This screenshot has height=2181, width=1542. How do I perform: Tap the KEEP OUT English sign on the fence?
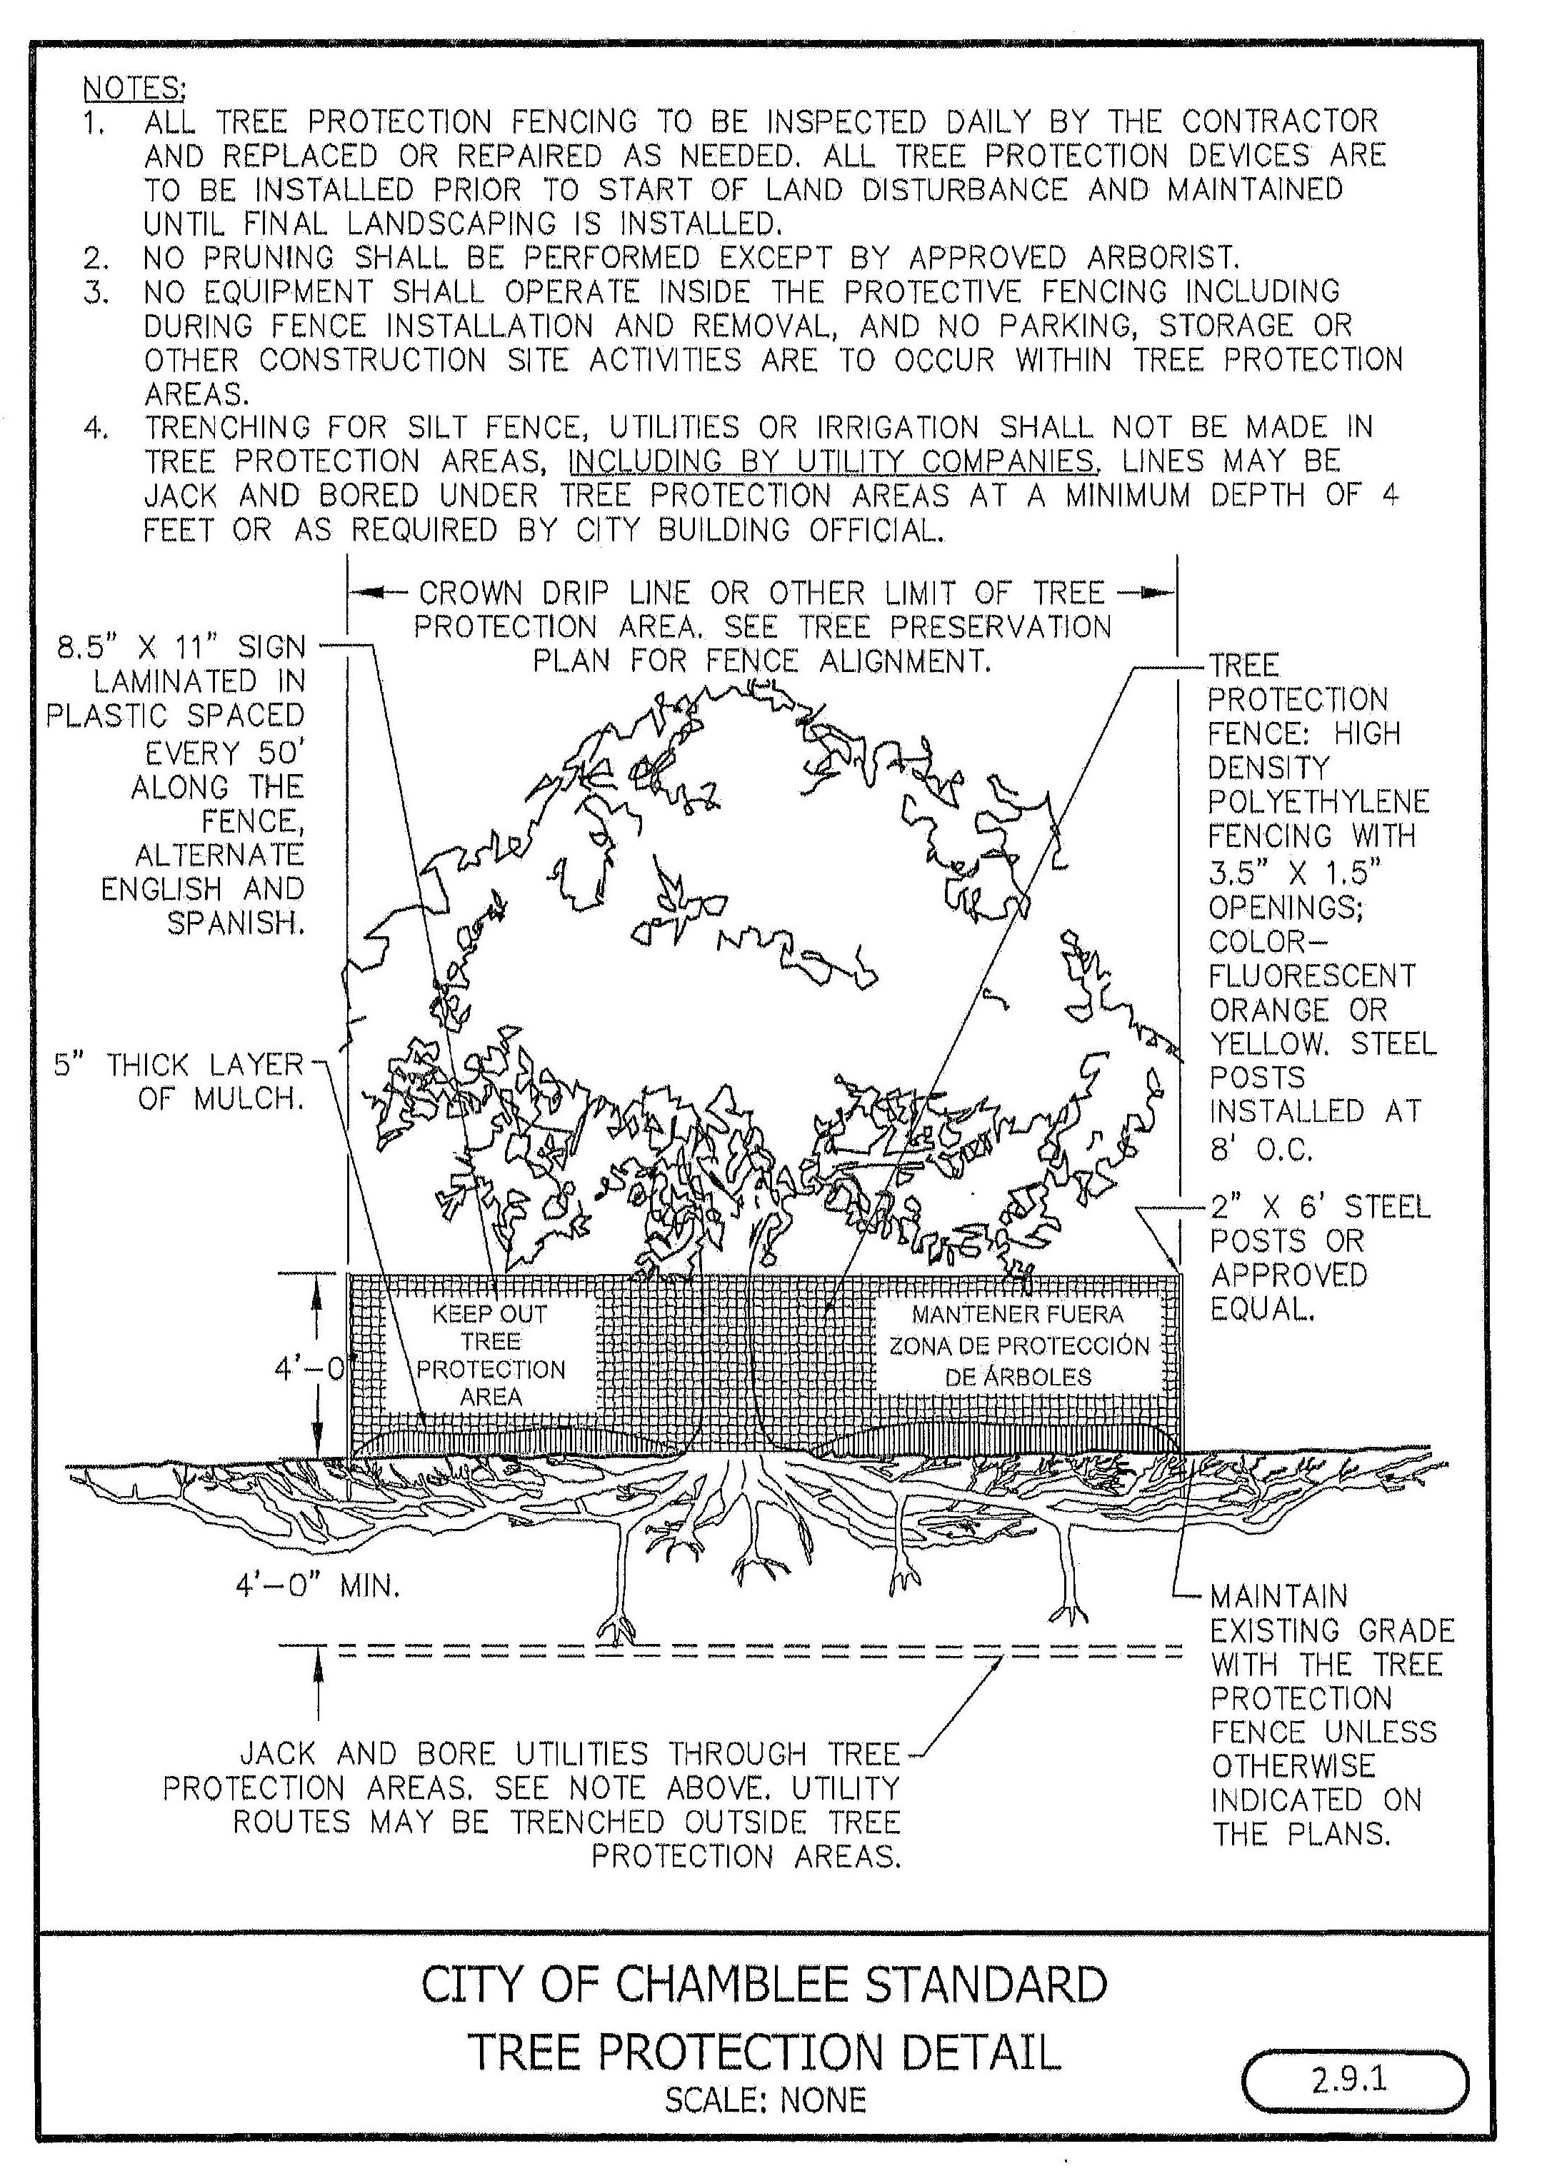click(x=490, y=1355)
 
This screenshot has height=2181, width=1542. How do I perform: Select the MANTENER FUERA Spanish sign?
click(x=1018, y=1345)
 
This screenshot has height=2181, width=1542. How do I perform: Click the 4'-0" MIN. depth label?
click(x=317, y=1585)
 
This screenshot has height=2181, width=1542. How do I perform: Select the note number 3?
click(x=96, y=291)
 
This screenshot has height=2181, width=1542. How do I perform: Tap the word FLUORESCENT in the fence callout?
click(x=1312, y=976)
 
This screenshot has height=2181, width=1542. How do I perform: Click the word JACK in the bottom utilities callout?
click(x=279, y=1753)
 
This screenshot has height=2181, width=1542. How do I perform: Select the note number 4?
click(x=96, y=428)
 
